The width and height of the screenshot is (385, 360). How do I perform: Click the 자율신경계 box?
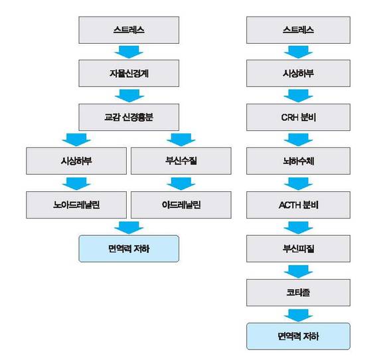129,73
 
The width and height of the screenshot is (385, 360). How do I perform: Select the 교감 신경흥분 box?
129,117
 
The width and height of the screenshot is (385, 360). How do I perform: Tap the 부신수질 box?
181,161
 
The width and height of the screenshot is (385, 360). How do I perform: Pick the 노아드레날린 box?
76,205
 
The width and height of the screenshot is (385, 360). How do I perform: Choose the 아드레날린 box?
181,205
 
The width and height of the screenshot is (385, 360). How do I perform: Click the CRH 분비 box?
298,117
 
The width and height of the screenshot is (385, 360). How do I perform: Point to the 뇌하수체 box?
298,161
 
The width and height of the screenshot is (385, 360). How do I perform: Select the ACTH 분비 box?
298,205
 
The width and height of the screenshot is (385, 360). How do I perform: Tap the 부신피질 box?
298,248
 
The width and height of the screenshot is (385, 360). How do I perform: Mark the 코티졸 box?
298,292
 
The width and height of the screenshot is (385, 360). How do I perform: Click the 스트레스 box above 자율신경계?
129,30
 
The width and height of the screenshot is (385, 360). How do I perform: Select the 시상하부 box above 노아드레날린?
76,161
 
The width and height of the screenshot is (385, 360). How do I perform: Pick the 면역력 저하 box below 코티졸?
298,336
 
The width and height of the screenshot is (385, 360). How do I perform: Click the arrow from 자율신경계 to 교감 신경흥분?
129,96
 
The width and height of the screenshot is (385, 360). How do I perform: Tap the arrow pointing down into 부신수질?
181,139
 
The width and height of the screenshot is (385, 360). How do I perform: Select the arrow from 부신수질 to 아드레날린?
181,183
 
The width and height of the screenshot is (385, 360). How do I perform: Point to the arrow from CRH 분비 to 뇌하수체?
298,139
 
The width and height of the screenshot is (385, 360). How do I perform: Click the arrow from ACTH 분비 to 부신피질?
298,228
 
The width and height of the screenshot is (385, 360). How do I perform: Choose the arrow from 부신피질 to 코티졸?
298,271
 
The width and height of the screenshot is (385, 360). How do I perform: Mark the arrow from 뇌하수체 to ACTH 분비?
298,183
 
